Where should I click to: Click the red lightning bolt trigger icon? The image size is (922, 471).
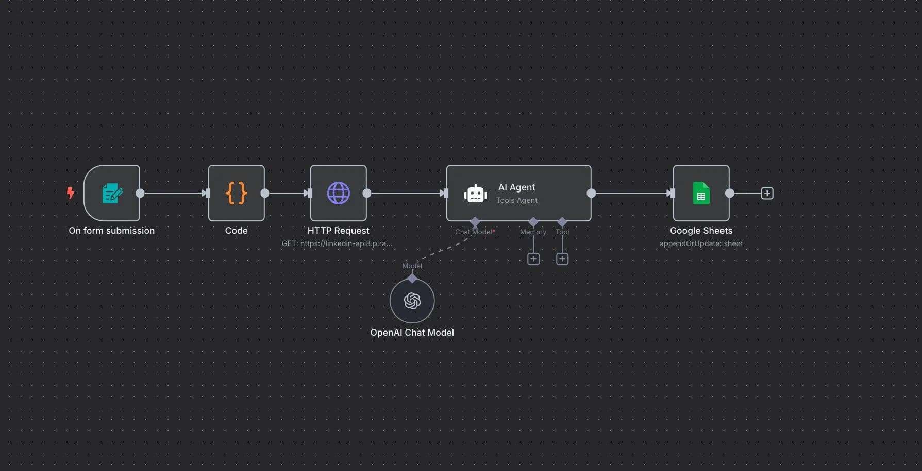(x=71, y=193)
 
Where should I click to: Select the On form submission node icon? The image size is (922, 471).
(x=112, y=193)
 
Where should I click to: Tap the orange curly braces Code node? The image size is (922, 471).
(x=237, y=193)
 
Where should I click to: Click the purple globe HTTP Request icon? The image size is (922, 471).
(x=339, y=193)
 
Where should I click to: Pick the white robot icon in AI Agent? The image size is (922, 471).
(x=475, y=194)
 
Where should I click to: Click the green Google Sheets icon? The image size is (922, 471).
(x=701, y=193)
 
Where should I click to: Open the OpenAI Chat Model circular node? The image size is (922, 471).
(x=412, y=301)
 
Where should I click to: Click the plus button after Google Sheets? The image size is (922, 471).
(x=767, y=193)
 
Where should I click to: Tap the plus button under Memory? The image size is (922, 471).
(x=533, y=259)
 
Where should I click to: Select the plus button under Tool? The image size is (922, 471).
(x=562, y=259)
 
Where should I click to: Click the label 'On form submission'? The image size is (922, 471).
(x=111, y=231)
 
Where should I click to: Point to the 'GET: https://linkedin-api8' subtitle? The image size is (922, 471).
(x=337, y=243)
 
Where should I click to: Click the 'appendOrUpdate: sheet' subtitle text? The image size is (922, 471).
(x=701, y=243)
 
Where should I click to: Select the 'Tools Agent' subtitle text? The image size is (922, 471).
(x=516, y=200)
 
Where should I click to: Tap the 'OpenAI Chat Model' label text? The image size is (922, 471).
(x=412, y=333)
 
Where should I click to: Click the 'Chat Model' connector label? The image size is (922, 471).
(x=474, y=232)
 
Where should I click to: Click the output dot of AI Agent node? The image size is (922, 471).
(x=591, y=193)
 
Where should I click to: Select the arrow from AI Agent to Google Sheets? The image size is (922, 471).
(x=631, y=193)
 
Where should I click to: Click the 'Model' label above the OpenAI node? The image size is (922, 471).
(x=412, y=266)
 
